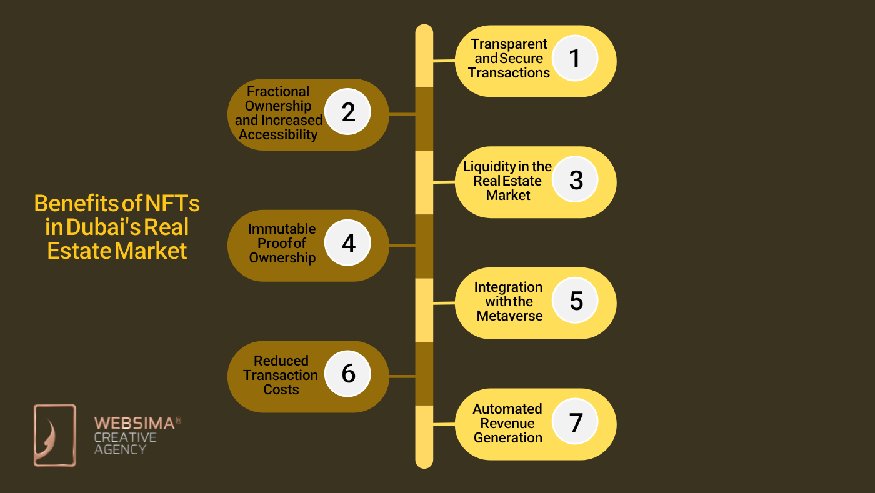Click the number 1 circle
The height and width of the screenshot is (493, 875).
(x=575, y=58)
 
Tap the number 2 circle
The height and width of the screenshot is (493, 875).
(x=348, y=112)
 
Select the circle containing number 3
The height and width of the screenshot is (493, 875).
(x=576, y=179)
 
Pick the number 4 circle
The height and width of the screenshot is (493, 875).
(x=348, y=243)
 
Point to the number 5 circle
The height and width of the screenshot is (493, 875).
(x=576, y=301)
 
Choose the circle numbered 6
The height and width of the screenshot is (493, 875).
(x=348, y=374)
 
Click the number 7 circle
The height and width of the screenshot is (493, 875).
(x=576, y=422)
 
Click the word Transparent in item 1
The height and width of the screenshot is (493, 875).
(x=509, y=44)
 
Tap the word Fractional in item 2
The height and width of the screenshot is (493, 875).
(x=278, y=91)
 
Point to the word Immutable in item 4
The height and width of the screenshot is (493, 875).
(x=282, y=229)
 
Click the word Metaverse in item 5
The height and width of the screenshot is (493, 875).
(x=509, y=316)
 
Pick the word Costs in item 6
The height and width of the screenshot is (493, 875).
(x=281, y=389)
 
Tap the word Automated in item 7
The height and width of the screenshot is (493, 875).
(x=507, y=409)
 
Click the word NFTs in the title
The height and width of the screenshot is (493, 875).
(x=172, y=204)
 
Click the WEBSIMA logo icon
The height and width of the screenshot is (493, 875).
(x=54, y=435)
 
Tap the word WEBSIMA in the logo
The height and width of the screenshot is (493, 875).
(x=134, y=423)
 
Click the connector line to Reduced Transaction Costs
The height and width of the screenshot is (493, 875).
(x=402, y=376)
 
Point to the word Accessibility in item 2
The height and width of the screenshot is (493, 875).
(x=278, y=134)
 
